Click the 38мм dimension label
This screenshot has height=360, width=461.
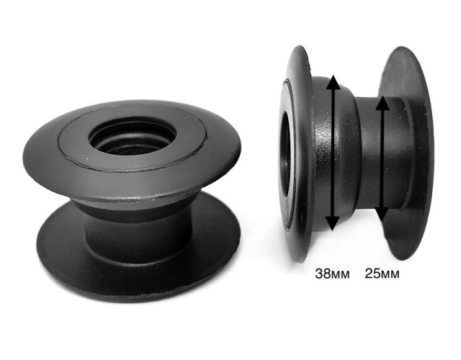[x=332, y=274]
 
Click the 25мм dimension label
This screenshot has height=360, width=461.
[x=382, y=274]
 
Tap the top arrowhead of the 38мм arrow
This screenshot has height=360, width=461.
[x=333, y=81]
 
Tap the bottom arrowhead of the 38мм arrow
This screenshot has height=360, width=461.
[x=332, y=224]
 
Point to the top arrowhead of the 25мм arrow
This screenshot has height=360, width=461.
[x=382, y=103]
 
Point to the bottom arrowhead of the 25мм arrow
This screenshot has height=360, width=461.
[x=382, y=215]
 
